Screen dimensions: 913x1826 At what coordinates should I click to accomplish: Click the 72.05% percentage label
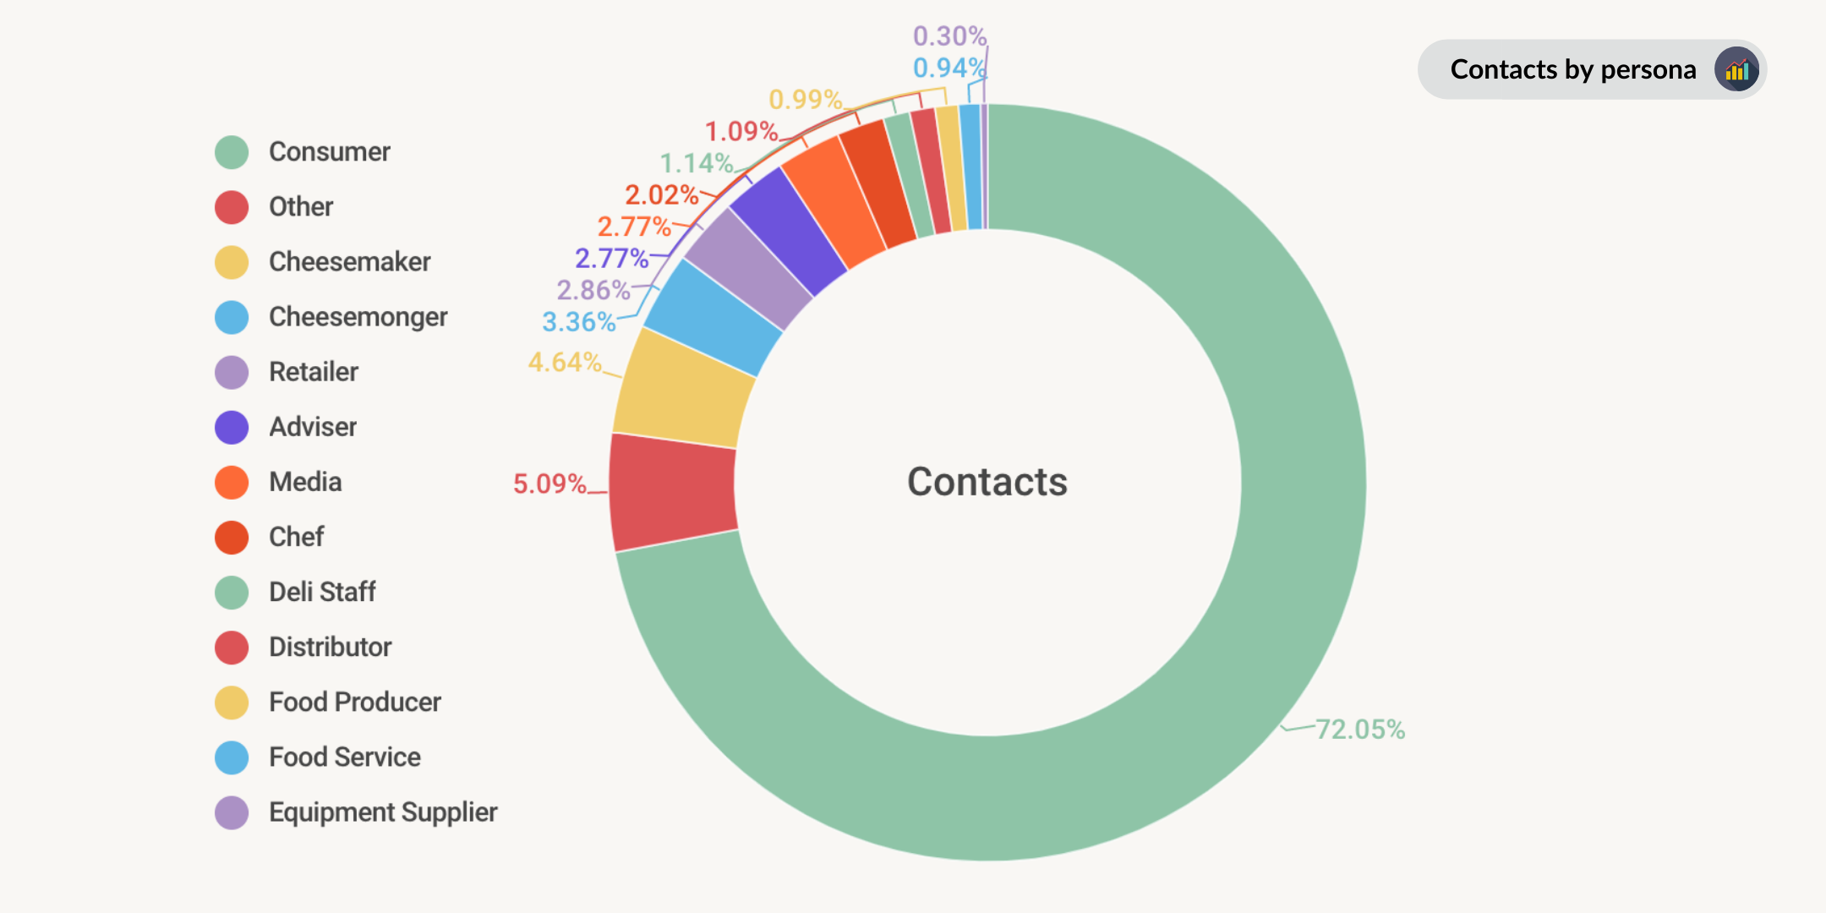pyautogui.click(x=1360, y=730)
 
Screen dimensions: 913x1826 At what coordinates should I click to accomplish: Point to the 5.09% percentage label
pyautogui.click(x=549, y=484)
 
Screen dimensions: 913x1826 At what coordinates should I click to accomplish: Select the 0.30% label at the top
pyautogui.click(x=949, y=36)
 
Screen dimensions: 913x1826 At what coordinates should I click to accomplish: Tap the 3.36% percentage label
pyautogui.click(x=578, y=322)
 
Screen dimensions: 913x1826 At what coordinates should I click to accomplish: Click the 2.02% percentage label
pyautogui.click(x=661, y=195)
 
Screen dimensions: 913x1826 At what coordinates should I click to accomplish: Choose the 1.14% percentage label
pyautogui.click(x=696, y=163)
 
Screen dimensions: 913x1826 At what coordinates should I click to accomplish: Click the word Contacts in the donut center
pyautogui.click(x=987, y=482)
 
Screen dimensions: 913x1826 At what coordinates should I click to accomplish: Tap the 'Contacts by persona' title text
pyautogui.click(x=1573, y=69)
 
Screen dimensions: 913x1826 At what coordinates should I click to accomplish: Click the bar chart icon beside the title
pyautogui.click(x=1736, y=69)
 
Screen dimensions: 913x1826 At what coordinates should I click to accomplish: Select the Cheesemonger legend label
pyautogui.click(x=358, y=317)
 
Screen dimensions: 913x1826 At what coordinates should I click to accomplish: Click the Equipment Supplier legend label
pyautogui.click(x=383, y=812)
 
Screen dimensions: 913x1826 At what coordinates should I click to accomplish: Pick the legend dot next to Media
pyautogui.click(x=232, y=483)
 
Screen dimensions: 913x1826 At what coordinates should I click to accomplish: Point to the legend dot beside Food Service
pyautogui.click(x=232, y=757)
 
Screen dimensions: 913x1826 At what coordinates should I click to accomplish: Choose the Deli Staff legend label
pyautogui.click(x=322, y=592)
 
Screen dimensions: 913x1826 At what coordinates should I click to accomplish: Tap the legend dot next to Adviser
pyautogui.click(x=232, y=428)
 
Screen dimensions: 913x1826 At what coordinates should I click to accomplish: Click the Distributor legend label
pyautogui.click(x=330, y=648)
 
